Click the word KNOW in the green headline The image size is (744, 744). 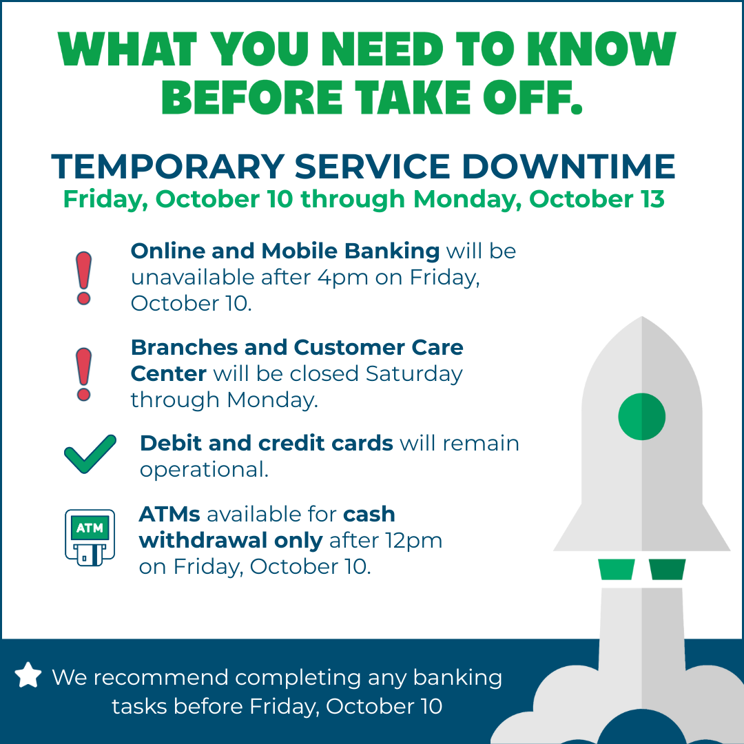click(601, 49)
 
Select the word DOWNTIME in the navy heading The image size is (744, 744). click(568, 167)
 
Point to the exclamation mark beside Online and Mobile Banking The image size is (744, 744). click(83, 278)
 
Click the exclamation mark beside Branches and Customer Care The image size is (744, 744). click(83, 374)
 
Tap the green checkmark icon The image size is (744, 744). click(90, 454)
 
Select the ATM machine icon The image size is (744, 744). click(90, 537)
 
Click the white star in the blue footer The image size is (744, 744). click(28, 674)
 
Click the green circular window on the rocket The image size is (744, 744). click(641, 417)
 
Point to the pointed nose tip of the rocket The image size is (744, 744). click(642, 316)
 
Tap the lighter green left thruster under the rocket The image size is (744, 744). click(617, 570)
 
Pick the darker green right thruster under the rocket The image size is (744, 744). click(667, 570)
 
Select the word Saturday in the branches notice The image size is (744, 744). click(414, 374)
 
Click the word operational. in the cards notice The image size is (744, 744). click(204, 471)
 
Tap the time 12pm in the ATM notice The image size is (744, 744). click(414, 541)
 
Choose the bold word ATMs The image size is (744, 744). click(169, 515)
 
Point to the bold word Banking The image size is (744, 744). click(392, 252)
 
